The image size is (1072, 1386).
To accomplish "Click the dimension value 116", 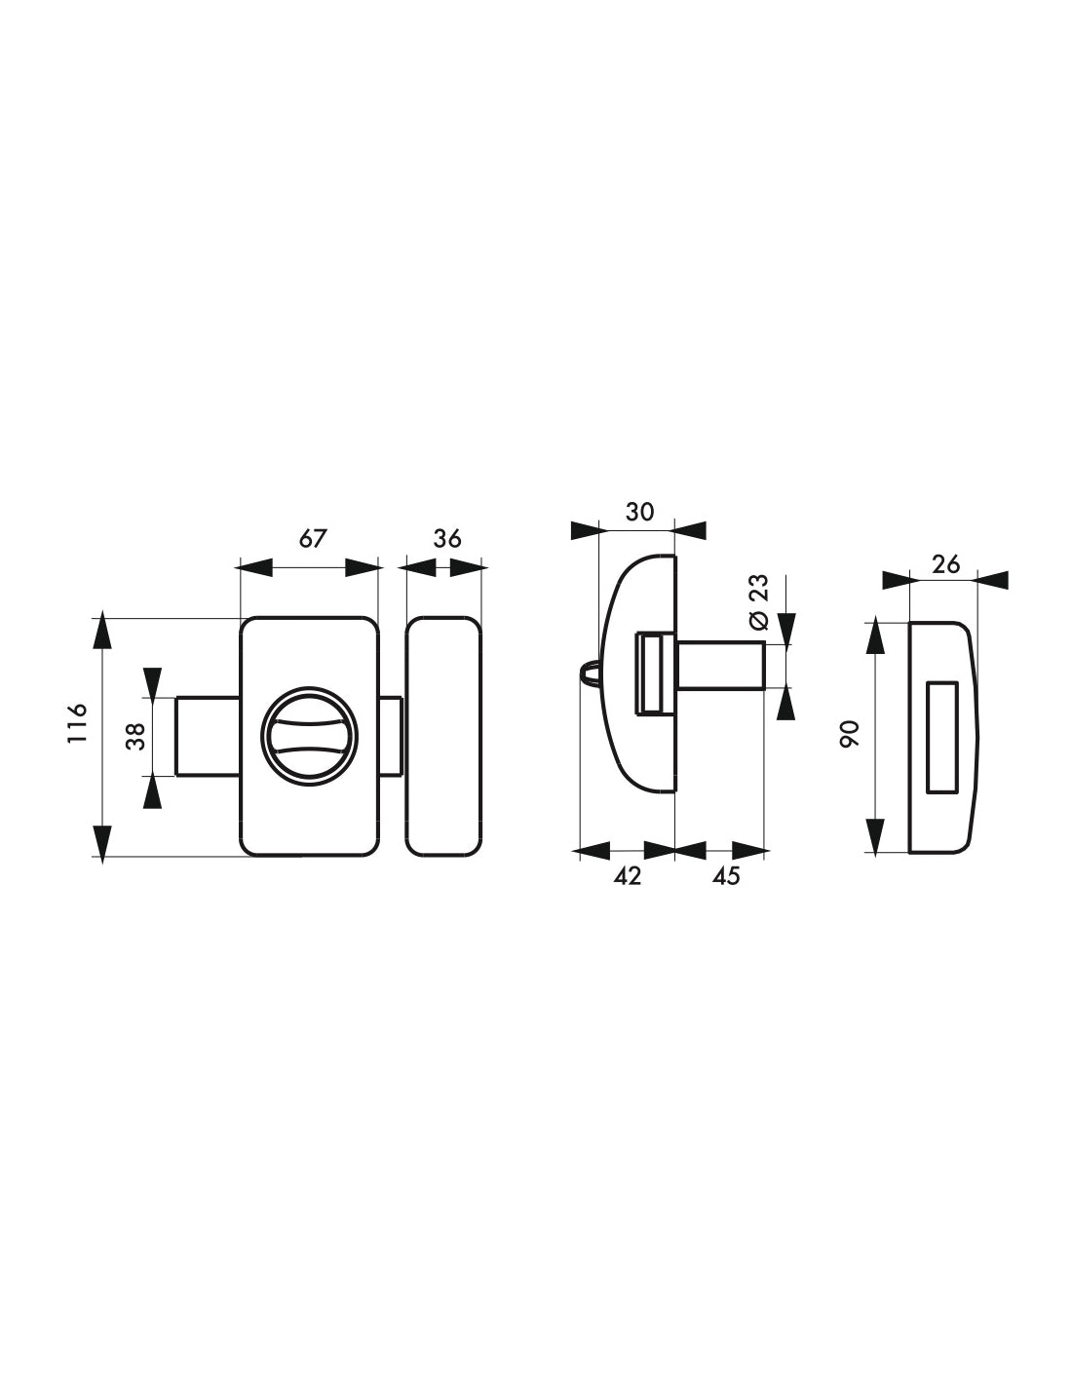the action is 77,722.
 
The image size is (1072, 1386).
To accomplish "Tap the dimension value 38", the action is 135,736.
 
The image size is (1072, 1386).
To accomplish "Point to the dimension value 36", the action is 447,539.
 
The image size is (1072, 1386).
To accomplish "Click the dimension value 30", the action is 639,512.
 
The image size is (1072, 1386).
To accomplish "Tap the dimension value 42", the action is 628,876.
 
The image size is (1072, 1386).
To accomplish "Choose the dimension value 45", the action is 726,876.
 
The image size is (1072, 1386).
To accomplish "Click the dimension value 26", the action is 945,564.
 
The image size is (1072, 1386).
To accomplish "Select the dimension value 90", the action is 850,734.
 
